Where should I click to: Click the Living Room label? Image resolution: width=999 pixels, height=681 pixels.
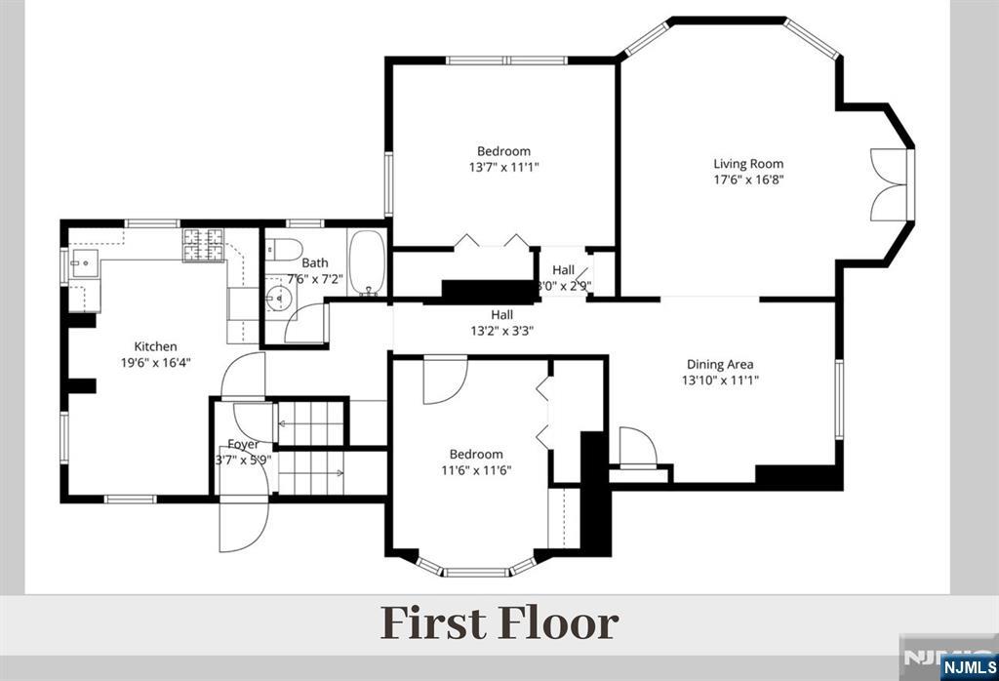tap(748, 164)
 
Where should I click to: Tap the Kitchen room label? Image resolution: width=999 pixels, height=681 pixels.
tap(155, 346)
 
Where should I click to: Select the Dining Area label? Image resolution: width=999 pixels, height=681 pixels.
tap(720, 364)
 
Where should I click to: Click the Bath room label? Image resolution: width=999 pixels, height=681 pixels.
tap(315, 262)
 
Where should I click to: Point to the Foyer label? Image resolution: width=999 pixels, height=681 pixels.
tap(243, 445)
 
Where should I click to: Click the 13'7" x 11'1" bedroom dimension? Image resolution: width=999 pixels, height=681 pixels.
tap(504, 167)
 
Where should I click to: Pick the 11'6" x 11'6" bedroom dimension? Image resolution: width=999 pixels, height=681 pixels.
tap(476, 470)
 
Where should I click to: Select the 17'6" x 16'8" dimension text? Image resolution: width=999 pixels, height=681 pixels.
tap(748, 180)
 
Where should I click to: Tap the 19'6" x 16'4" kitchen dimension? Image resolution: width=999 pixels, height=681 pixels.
tap(155, 363)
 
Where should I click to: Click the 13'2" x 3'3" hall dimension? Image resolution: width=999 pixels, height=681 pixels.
tap(502, 331)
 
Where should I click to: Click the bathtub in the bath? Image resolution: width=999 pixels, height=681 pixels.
tap(367, 262)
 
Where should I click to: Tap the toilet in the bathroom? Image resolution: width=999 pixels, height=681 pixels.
tap(283, 249)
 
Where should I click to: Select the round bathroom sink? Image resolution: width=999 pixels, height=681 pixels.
tap(278, 297)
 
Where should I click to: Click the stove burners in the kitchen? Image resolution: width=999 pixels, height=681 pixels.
tap(203, 245)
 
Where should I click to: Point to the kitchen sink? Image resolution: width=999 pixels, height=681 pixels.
tap(85, 262)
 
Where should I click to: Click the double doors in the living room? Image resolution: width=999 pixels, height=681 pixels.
tap(889, 184)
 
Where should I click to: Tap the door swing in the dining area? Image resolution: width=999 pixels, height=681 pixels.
tap(637, 447)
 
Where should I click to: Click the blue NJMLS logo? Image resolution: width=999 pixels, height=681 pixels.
tap(969, 667)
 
